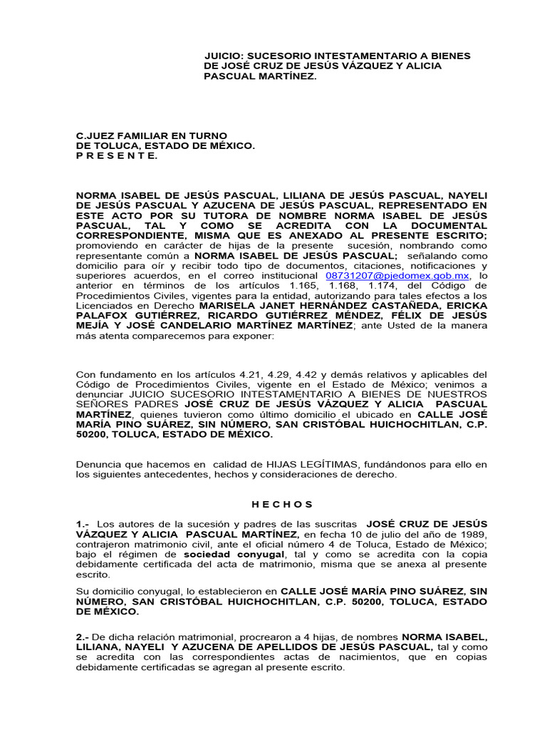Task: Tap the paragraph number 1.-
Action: pos(83,524)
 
